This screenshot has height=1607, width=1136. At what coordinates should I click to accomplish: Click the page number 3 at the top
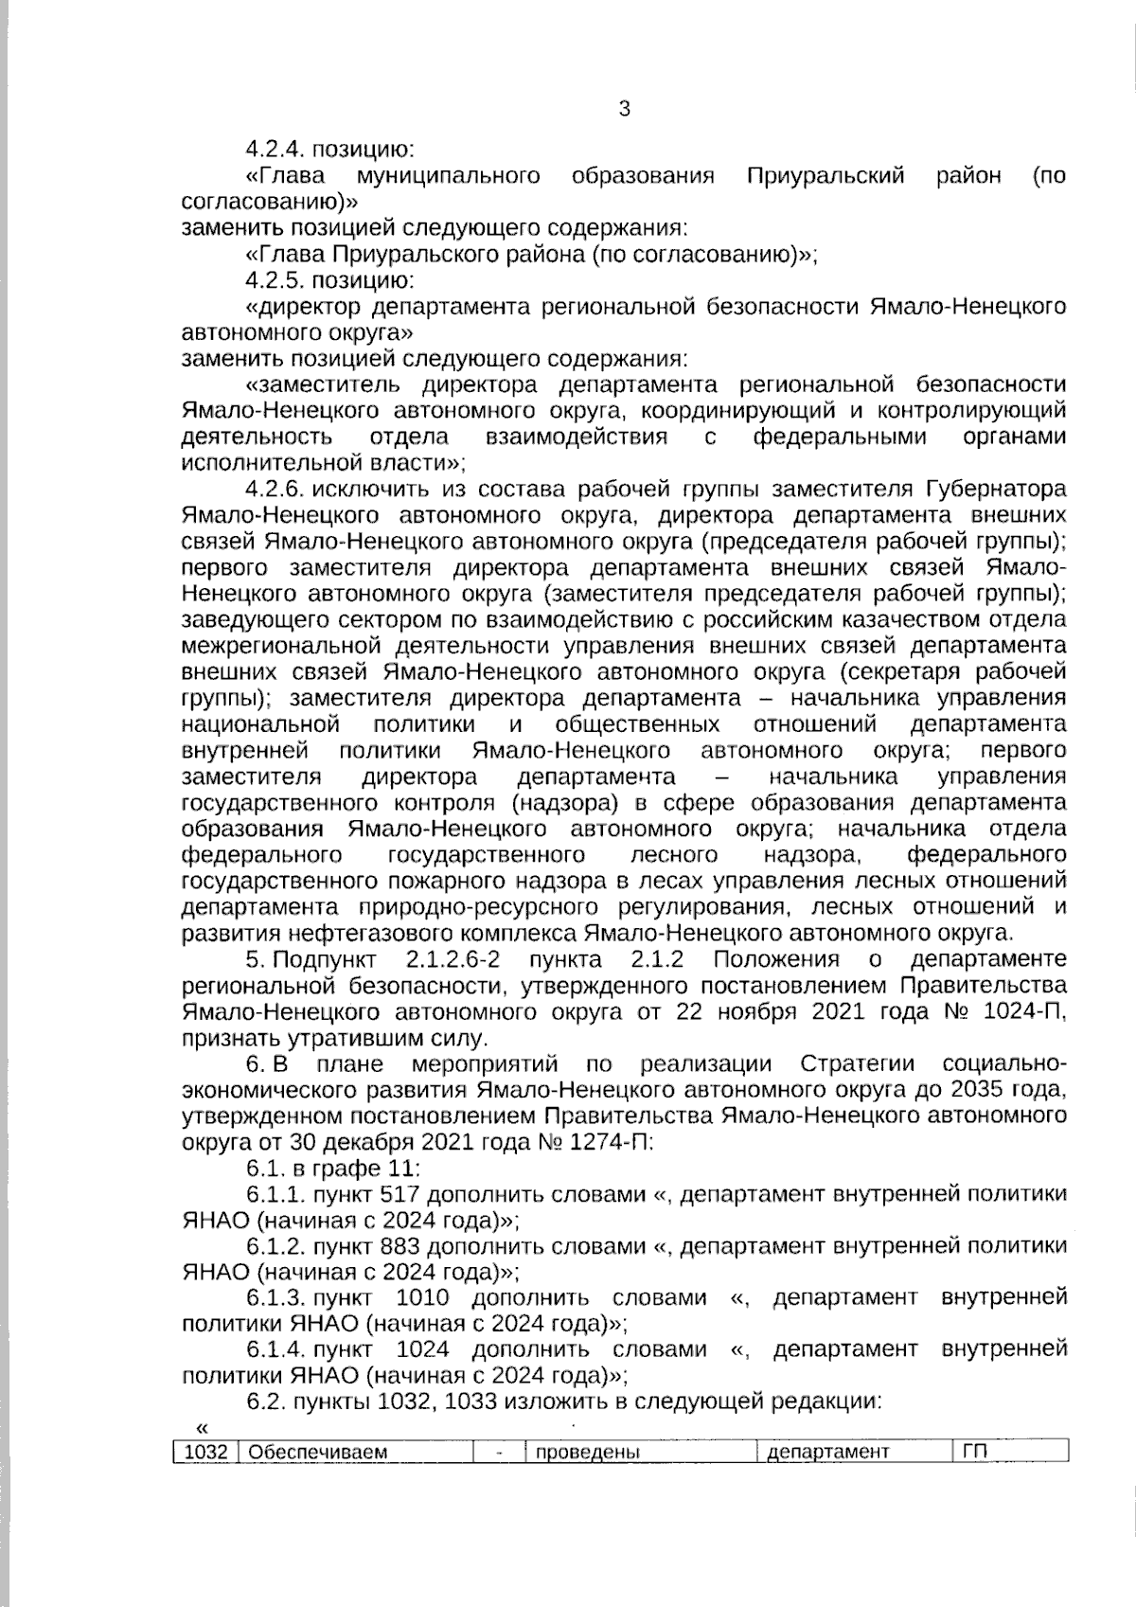(x=624, y=109)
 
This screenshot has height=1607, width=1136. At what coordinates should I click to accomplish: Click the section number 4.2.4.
(x=274, y=150)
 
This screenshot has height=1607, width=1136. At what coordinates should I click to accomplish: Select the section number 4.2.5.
(x=274, y=280)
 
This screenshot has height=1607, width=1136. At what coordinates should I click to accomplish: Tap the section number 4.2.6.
(x=274, y=490)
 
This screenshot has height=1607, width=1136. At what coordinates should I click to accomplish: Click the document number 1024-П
(x=1026, y=1011)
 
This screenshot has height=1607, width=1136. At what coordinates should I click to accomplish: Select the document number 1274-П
(x=610, y=1142)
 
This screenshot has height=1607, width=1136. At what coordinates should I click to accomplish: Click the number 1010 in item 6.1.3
(x=422, y=1298)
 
